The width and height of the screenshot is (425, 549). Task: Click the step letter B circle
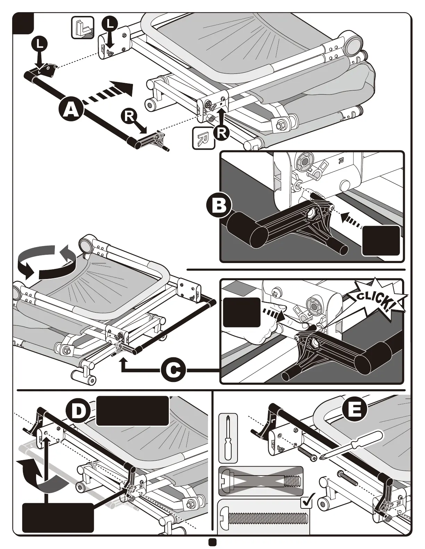coord(219,206)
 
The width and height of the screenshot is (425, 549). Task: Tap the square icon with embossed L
coord(83,27)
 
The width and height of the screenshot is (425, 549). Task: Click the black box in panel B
coord(381,241)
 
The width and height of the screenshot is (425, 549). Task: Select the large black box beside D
coord(132,411)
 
